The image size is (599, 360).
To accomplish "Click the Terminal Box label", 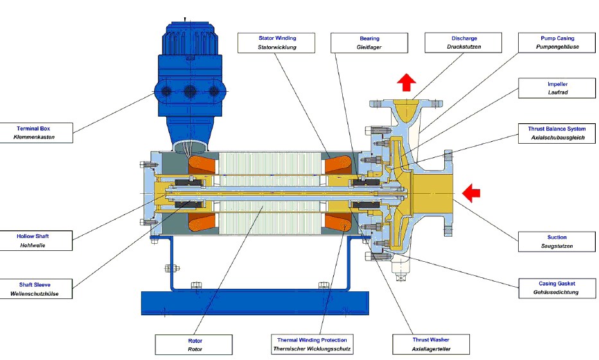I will pos(36,133).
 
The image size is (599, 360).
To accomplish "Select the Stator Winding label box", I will pos(277,42).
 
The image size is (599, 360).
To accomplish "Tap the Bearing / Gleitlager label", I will pos(369,42).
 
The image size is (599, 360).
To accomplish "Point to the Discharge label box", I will pos(464,42).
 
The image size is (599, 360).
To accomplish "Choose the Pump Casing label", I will pos(555,42).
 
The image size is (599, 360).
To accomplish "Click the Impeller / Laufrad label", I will pos(557,88).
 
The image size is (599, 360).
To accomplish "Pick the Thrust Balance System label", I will pos(557,133).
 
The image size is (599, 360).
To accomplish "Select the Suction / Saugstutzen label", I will pos(557,241).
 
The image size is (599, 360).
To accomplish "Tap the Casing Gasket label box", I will pos(557,287).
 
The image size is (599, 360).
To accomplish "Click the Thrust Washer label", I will pos(431,345).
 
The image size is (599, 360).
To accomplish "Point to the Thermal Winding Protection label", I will pos(311,345).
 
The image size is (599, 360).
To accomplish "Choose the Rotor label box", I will pos(195,345).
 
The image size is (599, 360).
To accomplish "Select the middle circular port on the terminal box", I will pos(190,92).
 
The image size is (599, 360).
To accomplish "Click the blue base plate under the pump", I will pos(254,302).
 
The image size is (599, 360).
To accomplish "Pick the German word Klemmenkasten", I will pos(36,137).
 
